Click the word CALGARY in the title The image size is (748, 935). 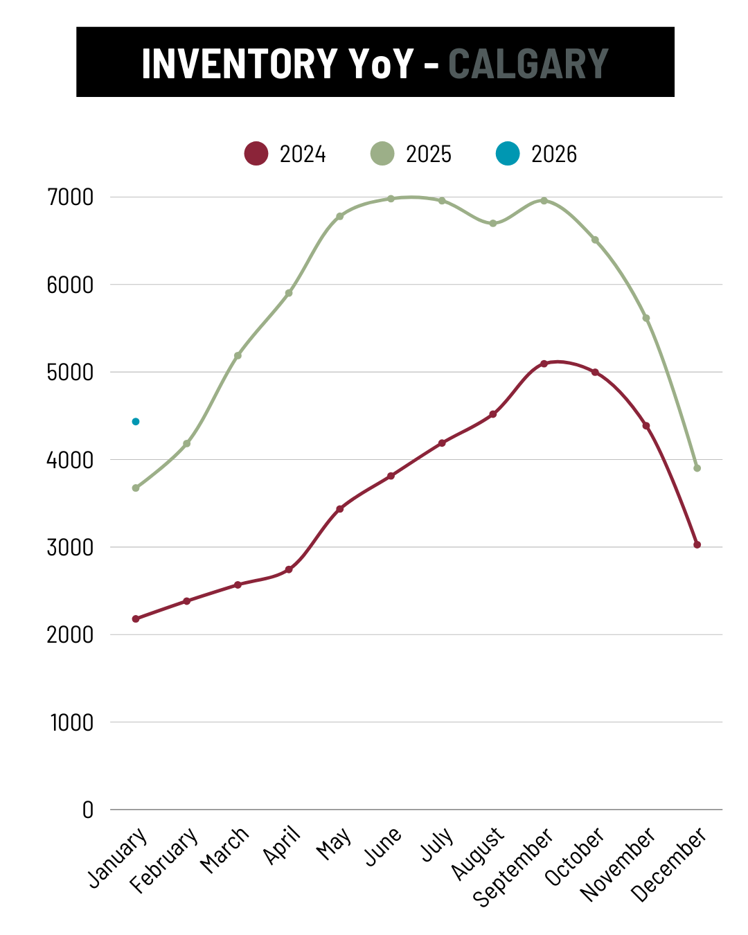click(528, 64)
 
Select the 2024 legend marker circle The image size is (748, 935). click(256, 153)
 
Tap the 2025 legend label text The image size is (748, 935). click(428, 154)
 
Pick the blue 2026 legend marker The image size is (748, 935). click(508, 153)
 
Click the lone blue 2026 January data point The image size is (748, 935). click(136, 422)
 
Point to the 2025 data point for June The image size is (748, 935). click(391, 199)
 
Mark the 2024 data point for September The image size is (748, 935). click(544, 364)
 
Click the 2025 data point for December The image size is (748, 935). click(697, 468)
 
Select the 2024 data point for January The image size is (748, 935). click(136, 618)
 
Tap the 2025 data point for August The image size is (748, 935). click(493, 223)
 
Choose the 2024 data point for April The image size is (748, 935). click(289, 569)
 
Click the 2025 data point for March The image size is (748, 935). click(238, 355)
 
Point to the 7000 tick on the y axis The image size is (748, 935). click(70, 197)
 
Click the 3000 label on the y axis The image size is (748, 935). click(70, 548)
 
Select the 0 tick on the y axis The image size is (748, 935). click(88, 810)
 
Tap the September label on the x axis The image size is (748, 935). click(514, 866)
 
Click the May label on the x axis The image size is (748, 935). click(334, 844)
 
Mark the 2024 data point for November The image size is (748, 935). click(646, 426)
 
